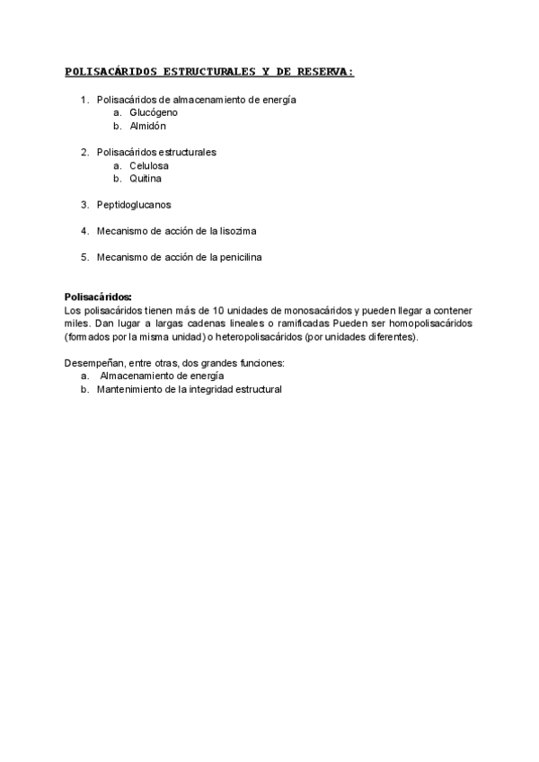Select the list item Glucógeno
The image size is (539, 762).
pyautogui.click(x=154, y=113)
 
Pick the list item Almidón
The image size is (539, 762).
pyautogui.click(x=148, y=127)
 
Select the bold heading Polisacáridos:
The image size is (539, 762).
pyautogui.click(x=98, y=297)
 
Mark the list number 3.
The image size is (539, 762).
pyautogui.click(x=84, y=205)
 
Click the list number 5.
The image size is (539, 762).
pyautogui.click(x=84, y=257)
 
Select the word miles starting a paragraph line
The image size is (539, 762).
pyautogui.click(x=76, y=323)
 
